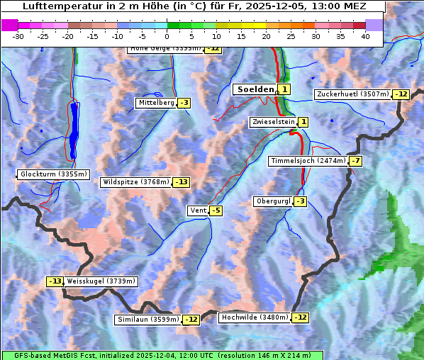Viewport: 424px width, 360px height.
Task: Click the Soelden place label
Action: pos(254,89)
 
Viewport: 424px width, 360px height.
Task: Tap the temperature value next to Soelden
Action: pos(284,89)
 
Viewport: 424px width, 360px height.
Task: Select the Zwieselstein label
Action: pos(273,122)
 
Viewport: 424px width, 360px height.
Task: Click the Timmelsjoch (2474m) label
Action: pos(308,161)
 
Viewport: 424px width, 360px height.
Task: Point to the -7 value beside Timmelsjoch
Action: pos(355,161)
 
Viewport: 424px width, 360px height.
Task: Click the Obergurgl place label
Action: pos(273,201)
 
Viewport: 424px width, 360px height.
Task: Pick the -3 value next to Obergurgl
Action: pos(301,201)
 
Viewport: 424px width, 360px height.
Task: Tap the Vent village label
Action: pos(198,210)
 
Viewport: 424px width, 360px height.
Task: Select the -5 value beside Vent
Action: pos(216,210)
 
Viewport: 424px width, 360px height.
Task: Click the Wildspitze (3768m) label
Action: pos(136,182)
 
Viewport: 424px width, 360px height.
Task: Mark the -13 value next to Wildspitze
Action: pos(182,182)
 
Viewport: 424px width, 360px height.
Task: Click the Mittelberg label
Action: pos(156,103)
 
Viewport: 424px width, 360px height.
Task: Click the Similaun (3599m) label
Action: pos(148,320)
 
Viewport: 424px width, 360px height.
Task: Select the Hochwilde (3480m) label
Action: pos(255,317)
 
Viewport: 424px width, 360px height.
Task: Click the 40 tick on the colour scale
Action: pos(365,36)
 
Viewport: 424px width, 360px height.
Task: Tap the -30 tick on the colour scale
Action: pos(18,36)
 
